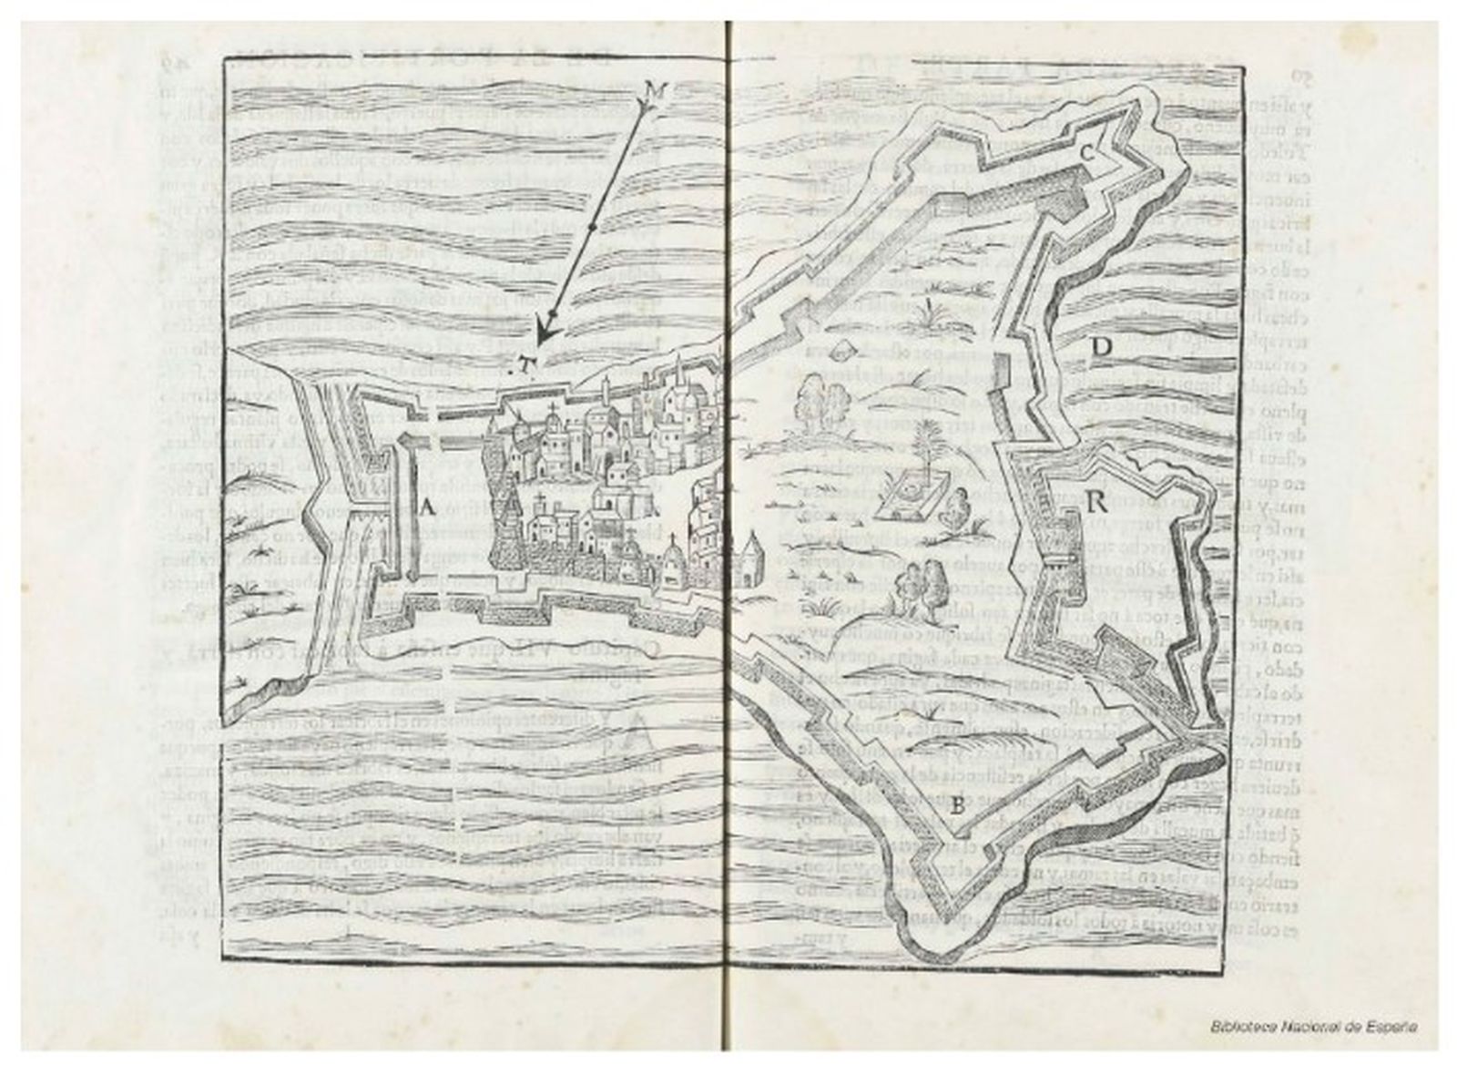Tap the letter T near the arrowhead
(524, 364)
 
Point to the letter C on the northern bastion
(1087, 154)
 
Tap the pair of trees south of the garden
(916, 583)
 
